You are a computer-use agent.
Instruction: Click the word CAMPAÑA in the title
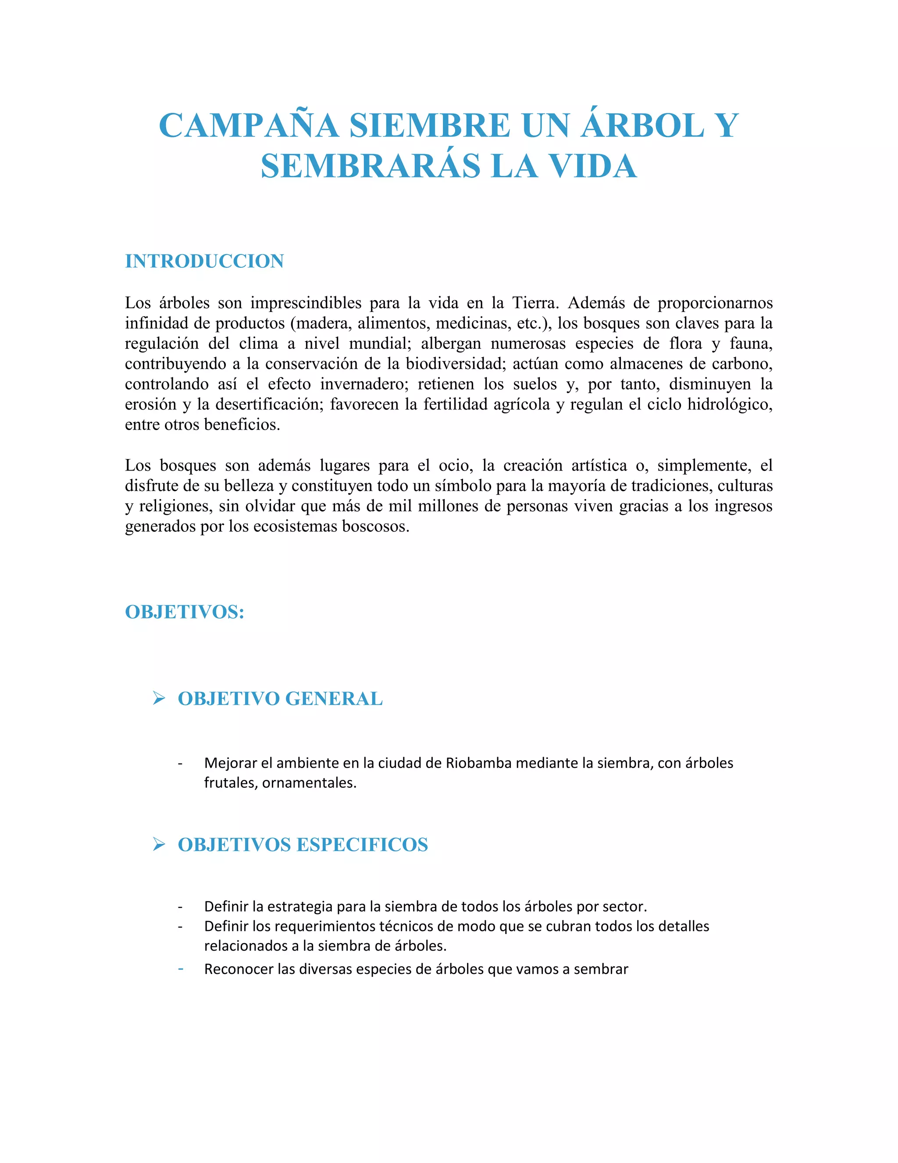pos(249,126)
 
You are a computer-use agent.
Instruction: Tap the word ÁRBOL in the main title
pos(643,126)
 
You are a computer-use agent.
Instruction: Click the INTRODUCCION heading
pos(204,261)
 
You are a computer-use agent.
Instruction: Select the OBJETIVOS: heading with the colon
pos(185,612)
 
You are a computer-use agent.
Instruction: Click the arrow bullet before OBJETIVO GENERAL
pos(159,698)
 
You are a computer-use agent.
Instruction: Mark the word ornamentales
pos(309,783)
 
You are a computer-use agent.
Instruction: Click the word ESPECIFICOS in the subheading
pos(362,844)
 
